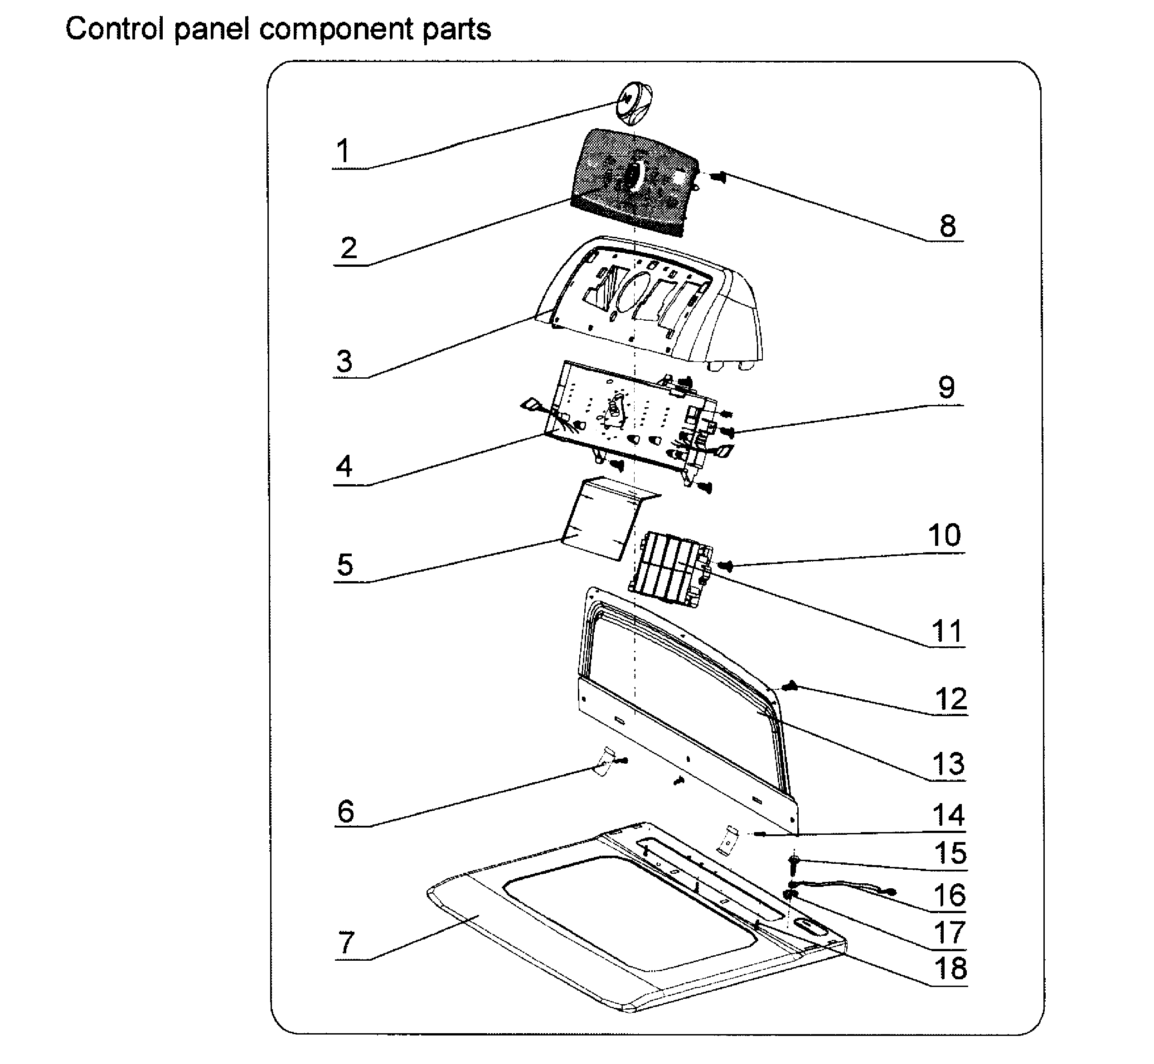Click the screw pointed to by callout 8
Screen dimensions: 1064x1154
click(718, 178)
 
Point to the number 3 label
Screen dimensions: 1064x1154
click(344, 361)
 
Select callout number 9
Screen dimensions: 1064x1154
click(946, 387)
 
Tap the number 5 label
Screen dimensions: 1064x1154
click(344, 565)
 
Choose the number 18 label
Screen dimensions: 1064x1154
click(950, 968)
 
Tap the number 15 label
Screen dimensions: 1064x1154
click(950, 853)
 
